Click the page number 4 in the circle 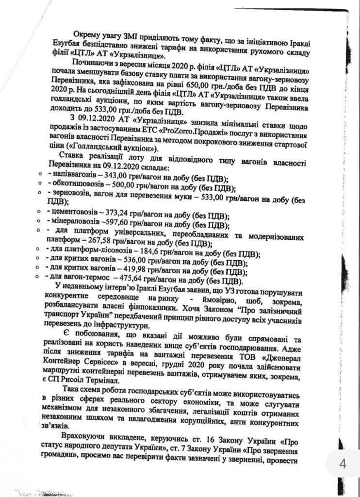(x=343, y=464)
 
